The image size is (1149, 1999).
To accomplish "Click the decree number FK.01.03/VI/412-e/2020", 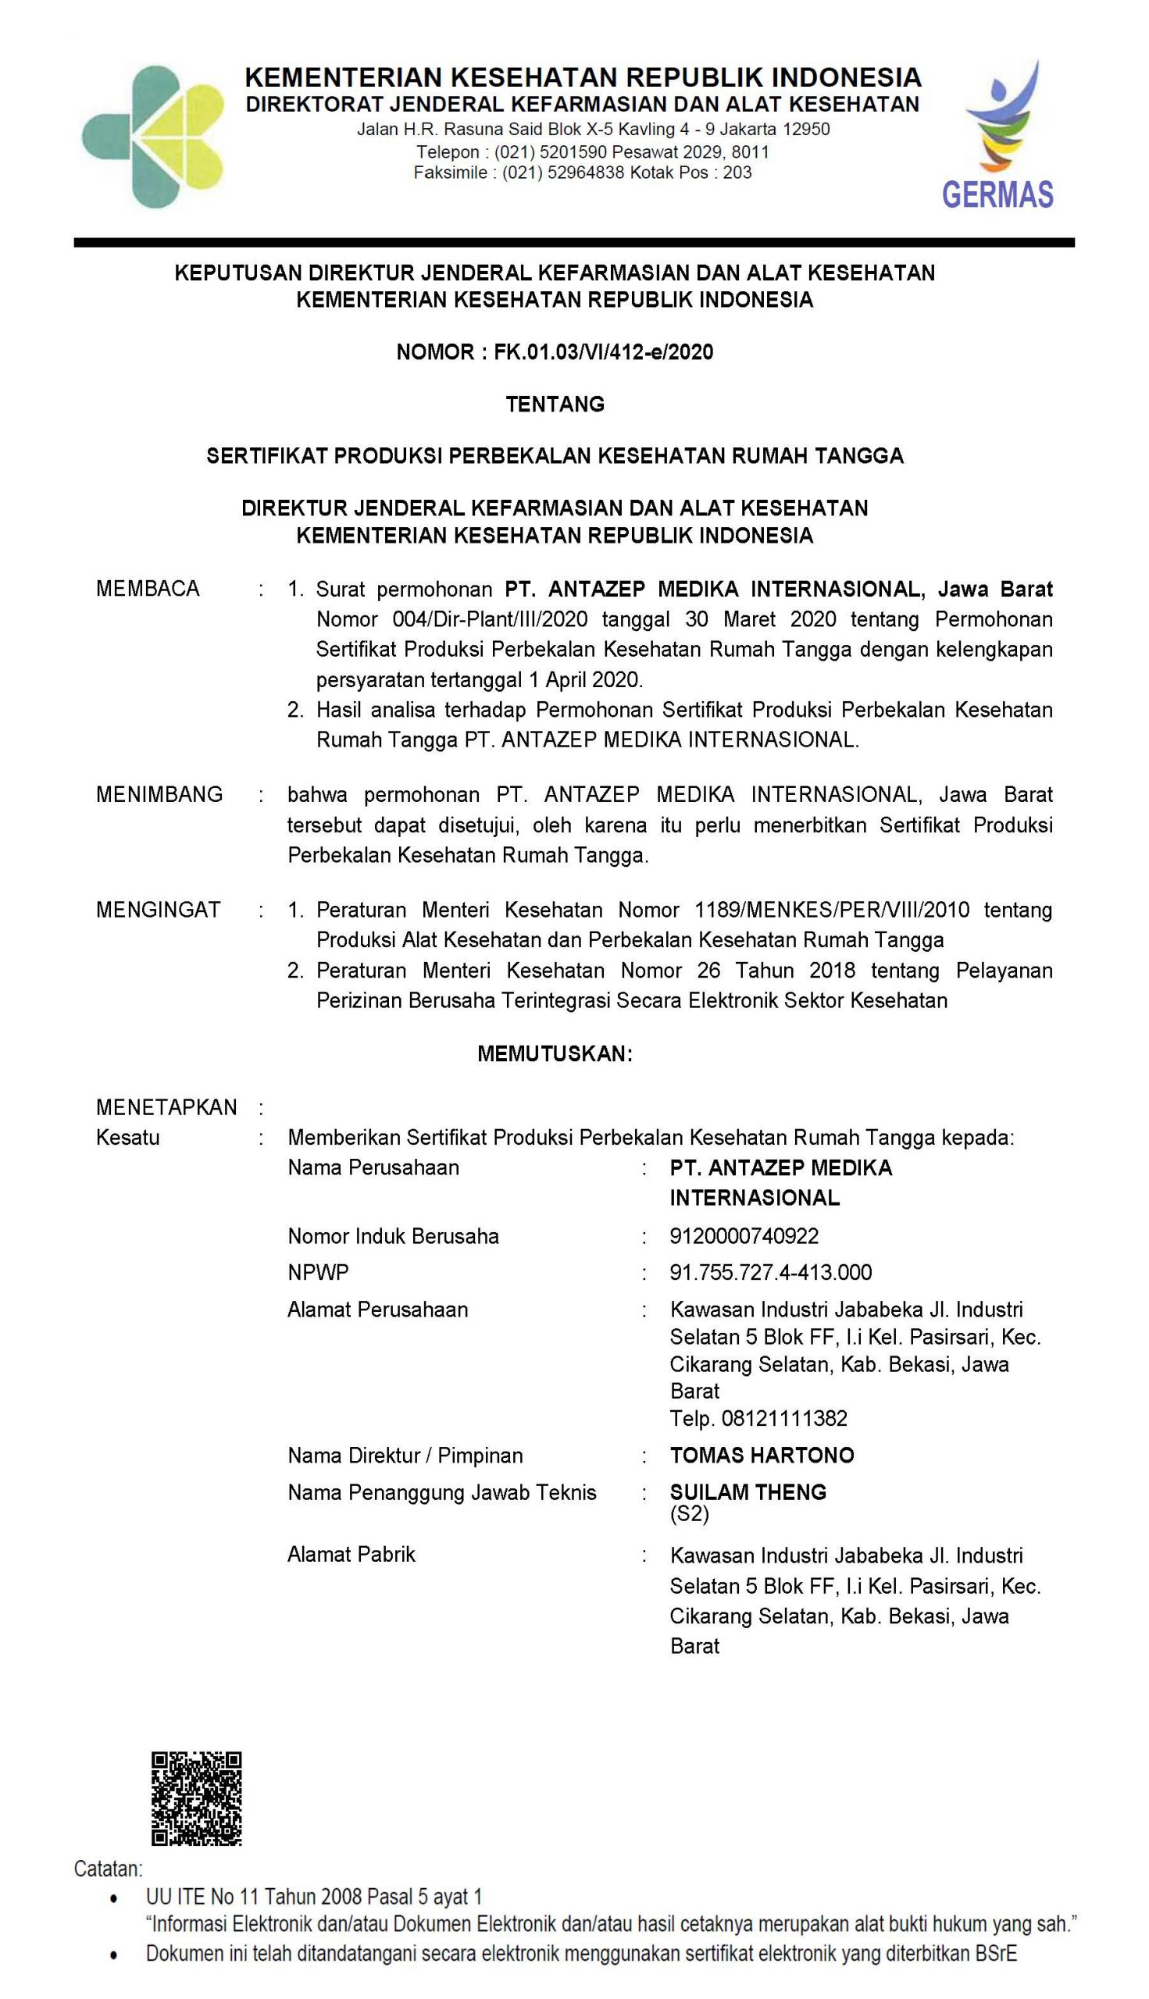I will click(x=604, y=352).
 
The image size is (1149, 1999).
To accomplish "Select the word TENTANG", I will click(x=555, y=404).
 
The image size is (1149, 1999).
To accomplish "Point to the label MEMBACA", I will click(x=148, y=589).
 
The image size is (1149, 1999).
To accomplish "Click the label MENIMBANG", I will click(x=159, y=794).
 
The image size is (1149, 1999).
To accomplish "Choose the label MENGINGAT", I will click(x=158, y=910).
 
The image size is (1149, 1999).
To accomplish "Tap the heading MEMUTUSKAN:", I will click(x=555, y=1054).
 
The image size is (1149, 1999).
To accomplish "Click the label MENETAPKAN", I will click(x=166, y=1106).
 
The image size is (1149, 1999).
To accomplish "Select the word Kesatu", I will click(x=128, y=1138).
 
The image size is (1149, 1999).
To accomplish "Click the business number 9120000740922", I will click(x=744, y=1235).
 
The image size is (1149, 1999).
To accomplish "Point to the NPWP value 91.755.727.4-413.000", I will click(x=771, y=1272).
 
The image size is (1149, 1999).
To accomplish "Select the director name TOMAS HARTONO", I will click(x=762, y=1455).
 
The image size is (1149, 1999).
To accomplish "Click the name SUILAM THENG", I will click(x=748, y=1491).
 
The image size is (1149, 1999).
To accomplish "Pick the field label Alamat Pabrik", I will click(x=351, y=1554).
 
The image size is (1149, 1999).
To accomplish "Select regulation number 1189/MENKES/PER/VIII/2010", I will click(x=832, y=910).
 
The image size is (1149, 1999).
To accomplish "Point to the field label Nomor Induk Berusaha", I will click(x=393, y=1235).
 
